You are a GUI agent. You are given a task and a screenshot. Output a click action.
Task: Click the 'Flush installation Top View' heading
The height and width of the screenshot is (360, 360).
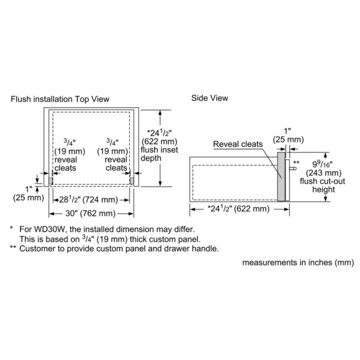pos(60,99)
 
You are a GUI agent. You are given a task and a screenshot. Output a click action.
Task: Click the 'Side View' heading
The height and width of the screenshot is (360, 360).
pos(210,98)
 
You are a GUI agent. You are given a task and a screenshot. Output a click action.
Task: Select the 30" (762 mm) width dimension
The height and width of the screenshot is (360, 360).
pos(90,213)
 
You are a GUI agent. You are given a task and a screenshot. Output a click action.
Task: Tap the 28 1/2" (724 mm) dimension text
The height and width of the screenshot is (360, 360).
pos(89,199)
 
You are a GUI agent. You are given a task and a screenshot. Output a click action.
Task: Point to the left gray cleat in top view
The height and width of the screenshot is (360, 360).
pos(50,181)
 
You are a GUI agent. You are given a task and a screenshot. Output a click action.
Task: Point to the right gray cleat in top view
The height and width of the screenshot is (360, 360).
pos(132,181)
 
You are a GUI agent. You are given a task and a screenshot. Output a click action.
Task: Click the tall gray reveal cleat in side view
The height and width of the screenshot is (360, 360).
pos(281,176)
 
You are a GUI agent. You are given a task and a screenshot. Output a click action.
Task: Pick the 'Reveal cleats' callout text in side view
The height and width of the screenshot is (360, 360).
pos(238,144)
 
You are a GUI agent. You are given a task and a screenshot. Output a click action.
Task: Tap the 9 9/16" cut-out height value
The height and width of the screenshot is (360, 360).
pos(323,164)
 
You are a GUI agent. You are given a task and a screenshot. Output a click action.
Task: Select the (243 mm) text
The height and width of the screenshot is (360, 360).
pos(324,173)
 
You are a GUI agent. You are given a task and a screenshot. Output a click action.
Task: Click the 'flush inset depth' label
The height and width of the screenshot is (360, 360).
pos(159,154)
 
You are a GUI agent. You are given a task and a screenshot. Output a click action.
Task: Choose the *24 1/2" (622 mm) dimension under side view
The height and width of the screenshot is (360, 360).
pos(238,209)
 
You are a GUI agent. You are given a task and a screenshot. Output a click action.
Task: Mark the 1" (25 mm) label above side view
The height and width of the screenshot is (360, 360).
pos(288,135)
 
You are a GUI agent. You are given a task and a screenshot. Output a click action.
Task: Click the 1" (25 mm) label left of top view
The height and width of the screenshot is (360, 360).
pos(28,194)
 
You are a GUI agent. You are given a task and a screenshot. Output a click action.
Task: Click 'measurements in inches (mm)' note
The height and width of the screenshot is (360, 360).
pos(298,262)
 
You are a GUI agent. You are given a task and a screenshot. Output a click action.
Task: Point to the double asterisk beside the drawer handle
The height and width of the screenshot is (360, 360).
pos(296,163)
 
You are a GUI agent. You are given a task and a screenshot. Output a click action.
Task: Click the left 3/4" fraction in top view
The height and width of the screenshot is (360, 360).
pos(69,142)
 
